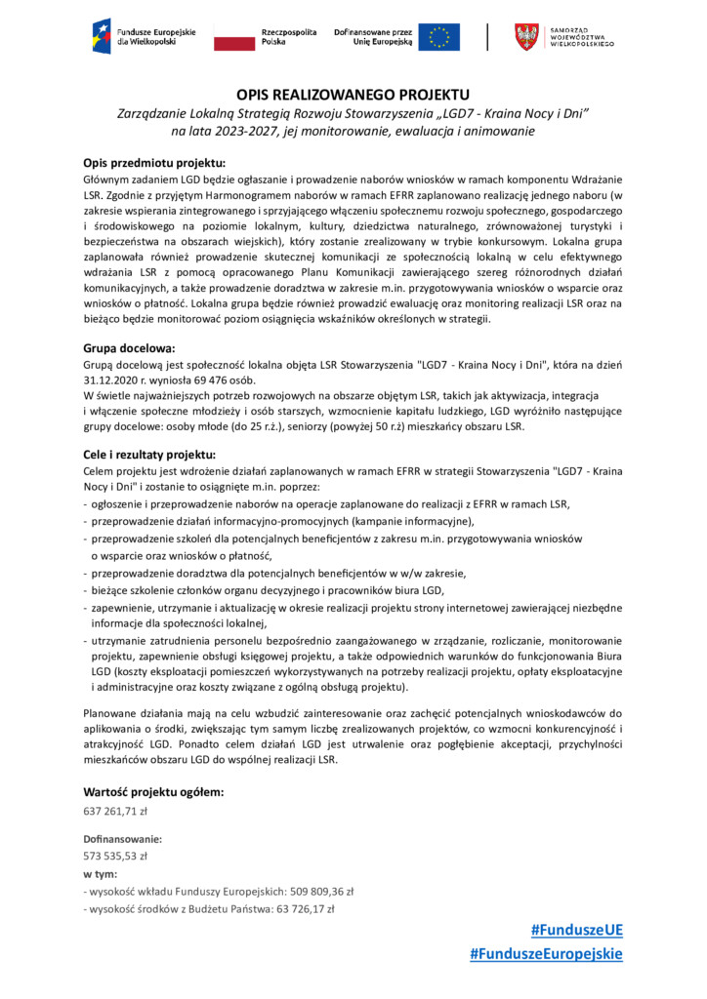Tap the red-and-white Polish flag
coord(233,37)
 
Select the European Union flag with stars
coord(438,37)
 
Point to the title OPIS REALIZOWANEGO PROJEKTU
coord(353,95)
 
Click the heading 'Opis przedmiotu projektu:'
coord(154,162)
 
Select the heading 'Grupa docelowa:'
coord(129,347)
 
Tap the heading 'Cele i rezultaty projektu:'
coord(149,455)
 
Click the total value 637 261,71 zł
coord(115,812)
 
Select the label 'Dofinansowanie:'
coord(122,838)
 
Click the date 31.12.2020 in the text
coord(108,380)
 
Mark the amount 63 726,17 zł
coord(303,908)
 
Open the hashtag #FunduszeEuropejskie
coord(545,954)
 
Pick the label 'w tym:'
coord(101,873)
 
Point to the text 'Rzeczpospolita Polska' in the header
coord(290,37)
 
